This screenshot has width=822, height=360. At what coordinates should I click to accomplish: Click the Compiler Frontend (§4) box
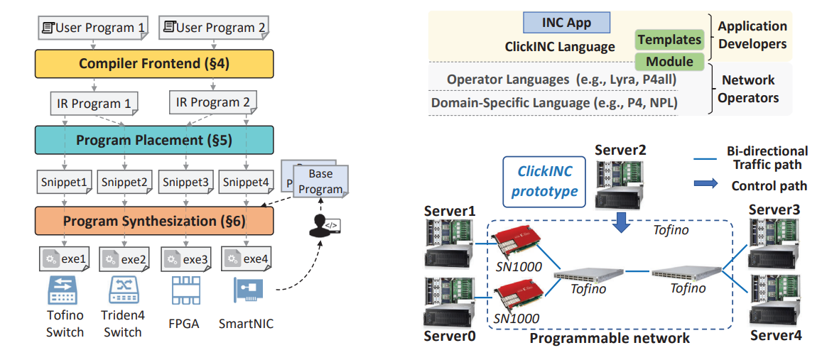(154, 64)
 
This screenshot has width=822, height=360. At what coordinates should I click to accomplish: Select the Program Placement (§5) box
(154, 140)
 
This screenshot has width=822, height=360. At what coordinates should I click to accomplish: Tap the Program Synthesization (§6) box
(154, 221)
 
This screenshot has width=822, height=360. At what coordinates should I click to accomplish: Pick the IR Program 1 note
(94, 104)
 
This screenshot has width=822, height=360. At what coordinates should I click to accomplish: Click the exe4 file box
(247, 259)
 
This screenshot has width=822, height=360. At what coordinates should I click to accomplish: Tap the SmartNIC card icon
(247, 291)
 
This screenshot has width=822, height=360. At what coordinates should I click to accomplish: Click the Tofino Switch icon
(65, 290)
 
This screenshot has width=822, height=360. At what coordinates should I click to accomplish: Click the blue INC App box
(566, 23)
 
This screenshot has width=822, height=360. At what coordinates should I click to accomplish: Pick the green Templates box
(669, 40)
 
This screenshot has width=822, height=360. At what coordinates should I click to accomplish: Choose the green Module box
(669, 62)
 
